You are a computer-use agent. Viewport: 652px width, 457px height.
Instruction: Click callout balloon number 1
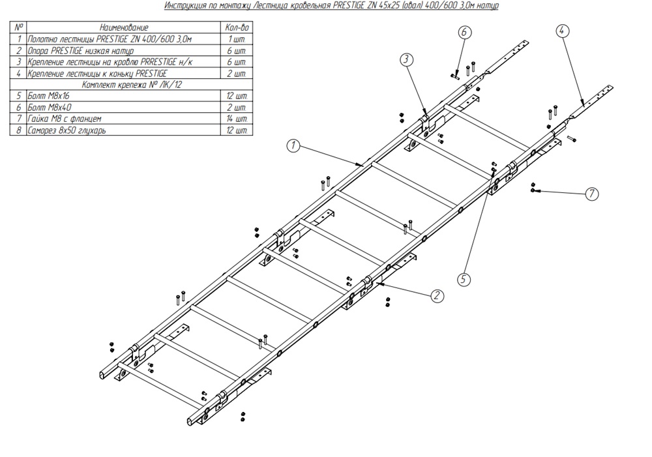pos(293,146)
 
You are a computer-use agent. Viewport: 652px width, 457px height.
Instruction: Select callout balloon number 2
pos(437,296)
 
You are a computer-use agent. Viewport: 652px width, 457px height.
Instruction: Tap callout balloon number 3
pos(406,60)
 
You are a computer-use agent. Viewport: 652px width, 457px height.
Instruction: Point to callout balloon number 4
pos(562,31)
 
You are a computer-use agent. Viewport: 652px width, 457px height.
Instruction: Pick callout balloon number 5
pos(464,279)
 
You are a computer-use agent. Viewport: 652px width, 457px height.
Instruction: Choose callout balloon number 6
pos(465,32)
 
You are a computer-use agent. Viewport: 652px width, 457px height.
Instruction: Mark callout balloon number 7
pos(592,194)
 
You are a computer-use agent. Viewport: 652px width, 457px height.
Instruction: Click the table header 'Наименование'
pos(123,28)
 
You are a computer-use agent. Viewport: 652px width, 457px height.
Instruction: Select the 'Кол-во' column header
pos(237,28)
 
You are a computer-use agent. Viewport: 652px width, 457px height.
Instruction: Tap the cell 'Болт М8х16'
pos(123,96)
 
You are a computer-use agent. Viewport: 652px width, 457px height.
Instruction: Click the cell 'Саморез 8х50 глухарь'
pos(123,130)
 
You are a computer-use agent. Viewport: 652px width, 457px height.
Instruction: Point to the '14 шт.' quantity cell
pos(237,119)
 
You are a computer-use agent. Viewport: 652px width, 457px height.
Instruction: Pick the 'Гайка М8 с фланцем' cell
pos(123,119)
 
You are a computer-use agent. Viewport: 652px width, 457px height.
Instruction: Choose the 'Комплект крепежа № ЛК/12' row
pos(132,85)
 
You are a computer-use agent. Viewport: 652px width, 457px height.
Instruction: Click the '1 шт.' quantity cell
pos(237,40)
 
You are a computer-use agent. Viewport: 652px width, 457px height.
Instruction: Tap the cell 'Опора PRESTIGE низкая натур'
pos(123,51)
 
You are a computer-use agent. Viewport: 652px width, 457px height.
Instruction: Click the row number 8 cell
pos(18,130)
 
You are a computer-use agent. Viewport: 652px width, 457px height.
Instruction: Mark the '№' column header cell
pos(18,28)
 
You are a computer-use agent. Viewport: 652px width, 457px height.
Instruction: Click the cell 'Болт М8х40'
pos(123,108)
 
